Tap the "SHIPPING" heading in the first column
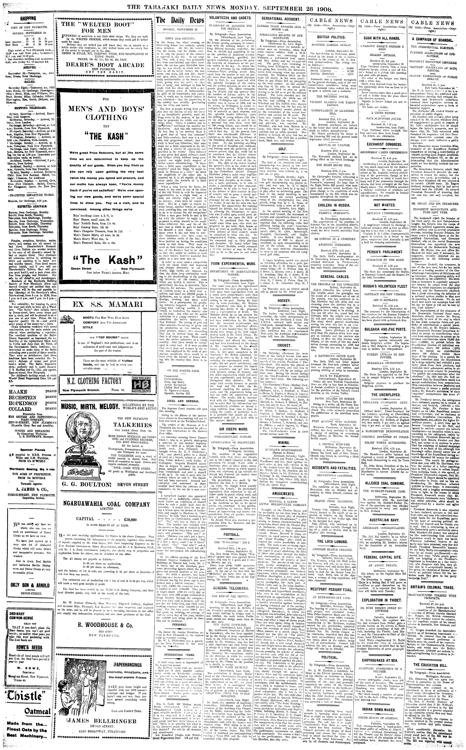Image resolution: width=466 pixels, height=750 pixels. pos(28,18)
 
